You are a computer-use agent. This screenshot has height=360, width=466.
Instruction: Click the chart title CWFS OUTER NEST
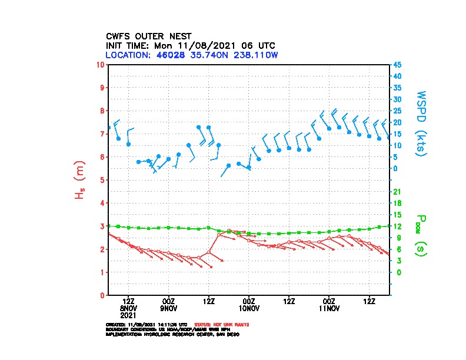[x=148, y=36]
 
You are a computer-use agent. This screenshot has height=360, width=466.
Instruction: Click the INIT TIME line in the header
[x=190, y=45]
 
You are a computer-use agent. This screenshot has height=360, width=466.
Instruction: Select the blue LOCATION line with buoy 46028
[x=191, y=55]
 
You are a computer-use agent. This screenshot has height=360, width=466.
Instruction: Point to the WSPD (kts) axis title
[x=421, y=123]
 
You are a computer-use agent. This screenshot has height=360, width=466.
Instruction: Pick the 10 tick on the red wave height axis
[x=101, y=64]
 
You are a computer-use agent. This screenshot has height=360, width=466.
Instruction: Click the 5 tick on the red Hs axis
[x=102, y=180]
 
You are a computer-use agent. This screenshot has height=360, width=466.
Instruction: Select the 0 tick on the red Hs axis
[x=102, y=295]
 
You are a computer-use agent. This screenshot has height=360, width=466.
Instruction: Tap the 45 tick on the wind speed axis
[x=398, y=65]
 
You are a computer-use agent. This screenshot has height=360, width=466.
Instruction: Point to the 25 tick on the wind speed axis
[x=398, y=111]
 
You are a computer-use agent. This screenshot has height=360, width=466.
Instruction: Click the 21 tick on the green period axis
[x=397, y=192]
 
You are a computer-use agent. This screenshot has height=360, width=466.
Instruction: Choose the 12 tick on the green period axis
[x=397, y=226]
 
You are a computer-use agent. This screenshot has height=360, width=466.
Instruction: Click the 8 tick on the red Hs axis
[x=102, y=111]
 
